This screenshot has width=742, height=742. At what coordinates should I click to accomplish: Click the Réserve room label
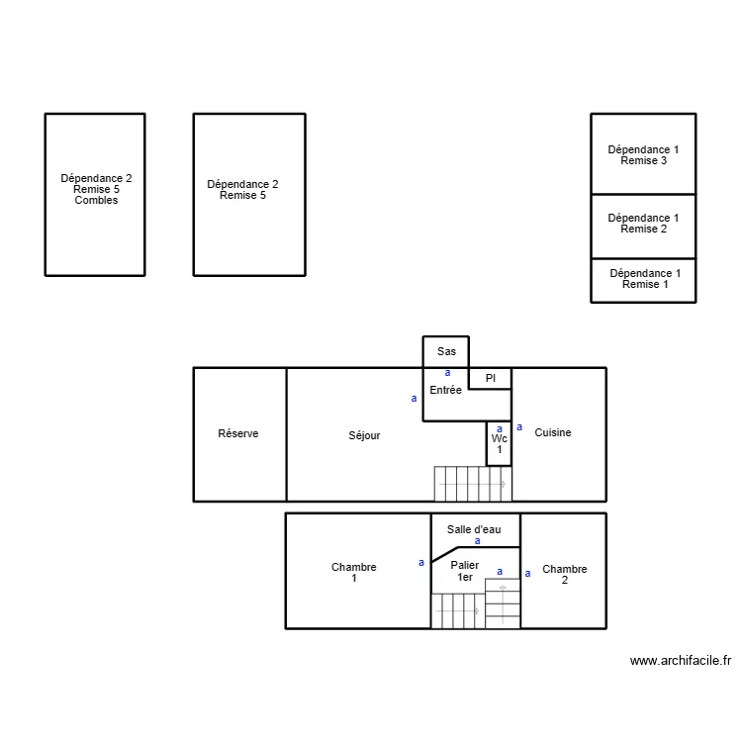(x=238, y=434)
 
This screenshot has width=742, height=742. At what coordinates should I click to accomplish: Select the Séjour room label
(x=364, y=435)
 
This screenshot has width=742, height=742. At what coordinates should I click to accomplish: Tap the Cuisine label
(x=553, y=432)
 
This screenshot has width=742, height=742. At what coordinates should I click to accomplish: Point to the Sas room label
(x=446, y=351)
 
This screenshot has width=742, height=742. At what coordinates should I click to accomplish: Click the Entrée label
(x=445, y=391)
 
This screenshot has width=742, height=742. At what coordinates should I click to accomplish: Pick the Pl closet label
(x=490, y=378)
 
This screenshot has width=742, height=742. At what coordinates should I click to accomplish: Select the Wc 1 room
(x=500, y=444)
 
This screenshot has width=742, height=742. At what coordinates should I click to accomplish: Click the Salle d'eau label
(x=474, y=529)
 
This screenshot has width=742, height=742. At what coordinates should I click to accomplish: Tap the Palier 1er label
(x=465, y=571)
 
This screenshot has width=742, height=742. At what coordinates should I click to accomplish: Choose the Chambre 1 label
(x=353, y=573)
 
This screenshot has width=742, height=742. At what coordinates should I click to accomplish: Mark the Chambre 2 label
(x=565, y=575)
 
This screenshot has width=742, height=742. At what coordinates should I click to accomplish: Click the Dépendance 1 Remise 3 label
(x=643, y=155)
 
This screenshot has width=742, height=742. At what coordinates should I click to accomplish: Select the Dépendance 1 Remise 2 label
(x=643, y=224)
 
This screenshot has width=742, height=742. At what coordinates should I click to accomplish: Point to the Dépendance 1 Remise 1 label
(x=645, y=279)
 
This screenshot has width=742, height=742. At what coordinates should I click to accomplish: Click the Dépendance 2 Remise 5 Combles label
(x=96, y=189)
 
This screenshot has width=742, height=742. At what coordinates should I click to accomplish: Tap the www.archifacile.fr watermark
(x=680, y=661)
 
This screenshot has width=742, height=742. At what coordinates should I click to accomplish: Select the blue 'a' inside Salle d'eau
(x=478, y=541)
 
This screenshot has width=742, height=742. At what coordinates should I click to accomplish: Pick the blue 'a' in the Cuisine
(x=519, y=427)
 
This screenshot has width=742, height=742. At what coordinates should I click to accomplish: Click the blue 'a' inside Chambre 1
(x=421, y=563)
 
